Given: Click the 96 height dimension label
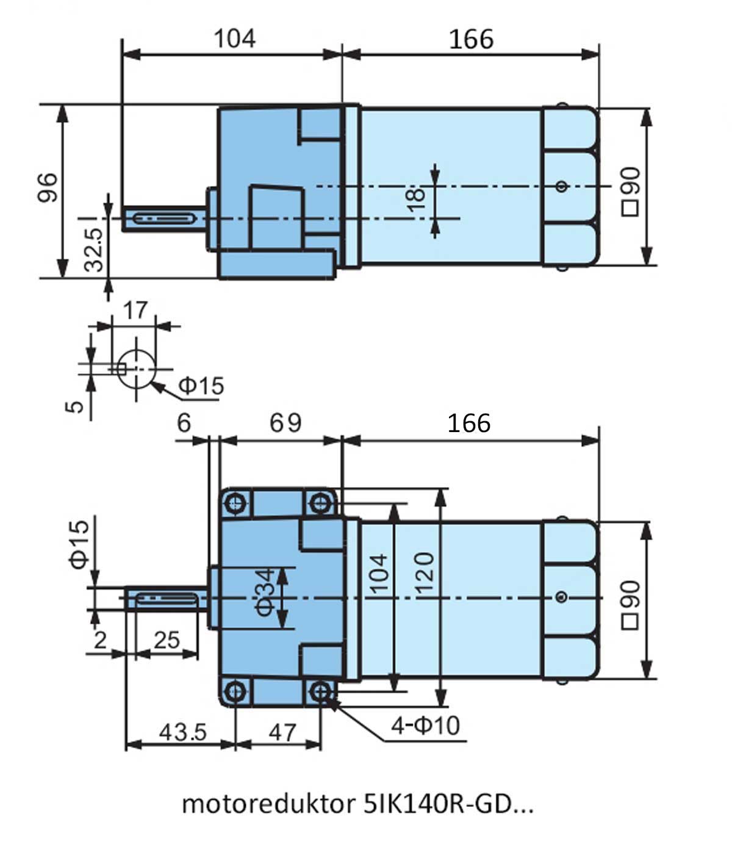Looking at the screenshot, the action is coord(47,187).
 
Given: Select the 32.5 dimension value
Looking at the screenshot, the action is coord(94,250).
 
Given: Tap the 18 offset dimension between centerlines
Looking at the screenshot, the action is coord(416,200).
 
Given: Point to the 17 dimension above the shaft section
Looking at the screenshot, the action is coord(135,311).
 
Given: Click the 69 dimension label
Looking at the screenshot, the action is coord(285,423).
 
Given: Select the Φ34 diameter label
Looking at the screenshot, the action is coord(265,592).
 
